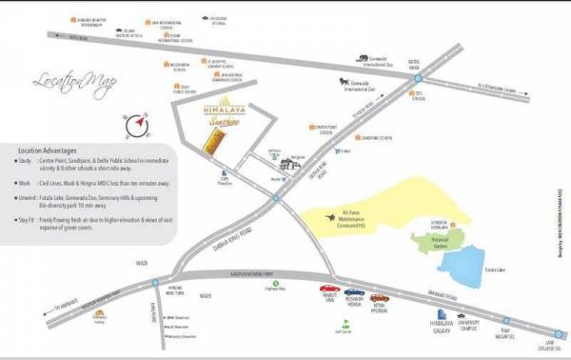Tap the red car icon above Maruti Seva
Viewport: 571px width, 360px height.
326,289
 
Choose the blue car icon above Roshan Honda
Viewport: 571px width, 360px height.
353,292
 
